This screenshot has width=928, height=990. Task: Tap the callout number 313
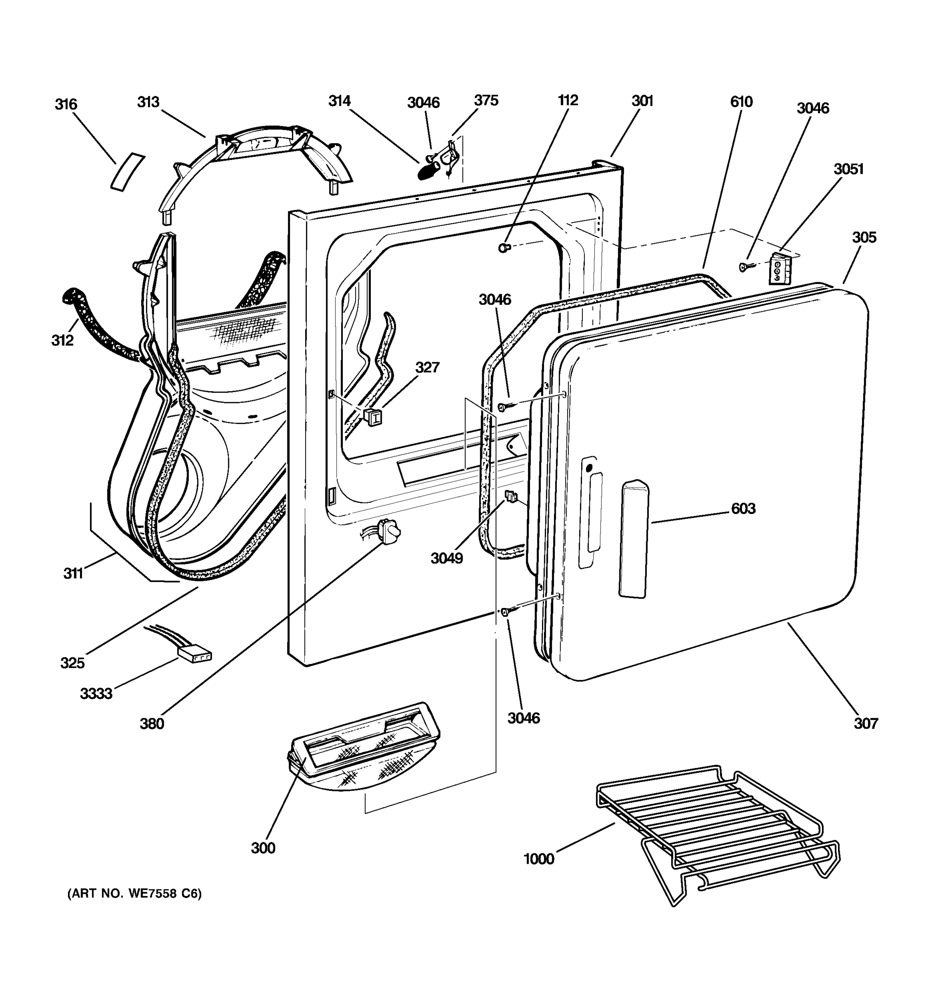148,102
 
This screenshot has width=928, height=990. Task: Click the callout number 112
568,101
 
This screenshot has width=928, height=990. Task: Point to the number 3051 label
848,169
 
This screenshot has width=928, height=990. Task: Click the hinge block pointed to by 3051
780,269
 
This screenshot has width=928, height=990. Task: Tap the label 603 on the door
743,509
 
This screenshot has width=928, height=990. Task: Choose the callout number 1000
539,859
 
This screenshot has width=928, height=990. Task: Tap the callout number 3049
447,558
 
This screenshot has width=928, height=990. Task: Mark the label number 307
866,723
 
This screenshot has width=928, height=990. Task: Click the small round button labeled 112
504,247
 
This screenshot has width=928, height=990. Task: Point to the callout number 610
741,102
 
